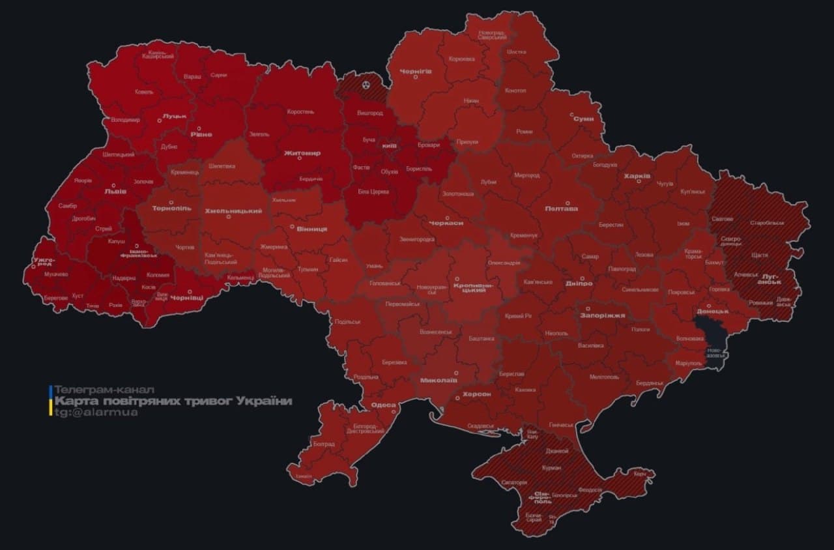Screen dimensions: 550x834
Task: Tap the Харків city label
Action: [637, 176]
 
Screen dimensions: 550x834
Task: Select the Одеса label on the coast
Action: [383, 405]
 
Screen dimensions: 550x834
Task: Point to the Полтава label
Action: [561, 209]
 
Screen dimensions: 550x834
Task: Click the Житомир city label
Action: [302, 153]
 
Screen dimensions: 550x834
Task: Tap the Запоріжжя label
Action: [603, 315]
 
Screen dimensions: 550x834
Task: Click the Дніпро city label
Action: [579, 283]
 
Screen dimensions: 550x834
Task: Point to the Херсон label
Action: [476, 394]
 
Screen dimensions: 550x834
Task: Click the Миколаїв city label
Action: [439, 380]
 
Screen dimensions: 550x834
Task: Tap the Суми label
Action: [583, 119]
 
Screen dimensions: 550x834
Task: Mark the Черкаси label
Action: [446, 223]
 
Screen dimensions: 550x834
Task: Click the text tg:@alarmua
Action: [96, 412]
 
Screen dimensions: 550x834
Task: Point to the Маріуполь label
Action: [688, 362]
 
